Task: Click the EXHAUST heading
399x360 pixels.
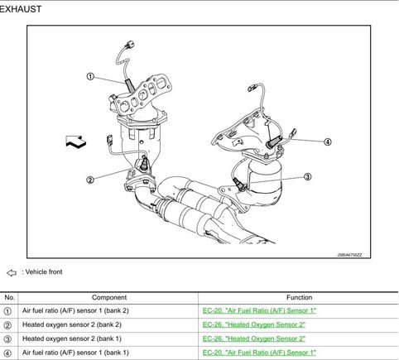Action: coord(21,9)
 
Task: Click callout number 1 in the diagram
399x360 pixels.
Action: coord(90,76)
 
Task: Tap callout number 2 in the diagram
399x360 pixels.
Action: coord(90,180)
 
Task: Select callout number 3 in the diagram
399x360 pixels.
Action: coord(308,176)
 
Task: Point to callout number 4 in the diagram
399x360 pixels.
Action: coord(328,142)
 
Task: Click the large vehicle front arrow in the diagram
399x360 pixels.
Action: coord(76,141)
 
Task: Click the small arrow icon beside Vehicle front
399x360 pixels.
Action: coord(12,273)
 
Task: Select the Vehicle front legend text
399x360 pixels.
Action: coord(42,272)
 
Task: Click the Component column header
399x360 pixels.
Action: coord(109,298)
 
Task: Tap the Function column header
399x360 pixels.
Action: coord(299,298)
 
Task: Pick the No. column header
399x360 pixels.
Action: coord(9,298)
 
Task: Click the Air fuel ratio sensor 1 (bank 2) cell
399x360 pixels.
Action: coord(75,310)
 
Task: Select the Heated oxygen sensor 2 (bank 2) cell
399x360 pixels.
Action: coord(72,324)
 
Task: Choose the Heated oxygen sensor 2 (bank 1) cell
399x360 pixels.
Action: coord(72,338)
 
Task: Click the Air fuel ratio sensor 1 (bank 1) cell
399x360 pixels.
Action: coord(75,353)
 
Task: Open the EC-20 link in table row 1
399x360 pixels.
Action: coord(259,310)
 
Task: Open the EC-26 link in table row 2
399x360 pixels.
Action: coord(254,324)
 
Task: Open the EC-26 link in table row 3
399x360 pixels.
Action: coord(254,338)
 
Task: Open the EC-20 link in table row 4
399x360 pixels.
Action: coord(259,353)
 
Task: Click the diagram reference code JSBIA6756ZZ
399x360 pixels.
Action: coord(349,255)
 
